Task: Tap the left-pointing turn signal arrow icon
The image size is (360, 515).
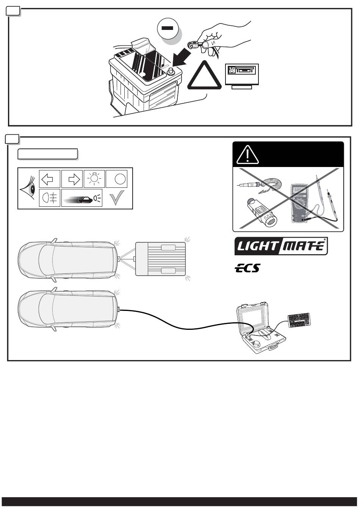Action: [x=49, y=178]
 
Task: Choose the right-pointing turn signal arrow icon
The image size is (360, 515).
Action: [x=72, y=178]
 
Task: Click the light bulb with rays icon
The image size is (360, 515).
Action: [x=94, y=178]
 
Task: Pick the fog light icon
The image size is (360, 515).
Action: [x=49, y=198]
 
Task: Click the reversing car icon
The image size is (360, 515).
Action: [x=83, y=198]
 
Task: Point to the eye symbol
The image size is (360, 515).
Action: [x=28, y=189]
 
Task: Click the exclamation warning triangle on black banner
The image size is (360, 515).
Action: [x=247, y=154]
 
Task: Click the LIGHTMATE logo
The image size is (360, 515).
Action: [x=281, y=247]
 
